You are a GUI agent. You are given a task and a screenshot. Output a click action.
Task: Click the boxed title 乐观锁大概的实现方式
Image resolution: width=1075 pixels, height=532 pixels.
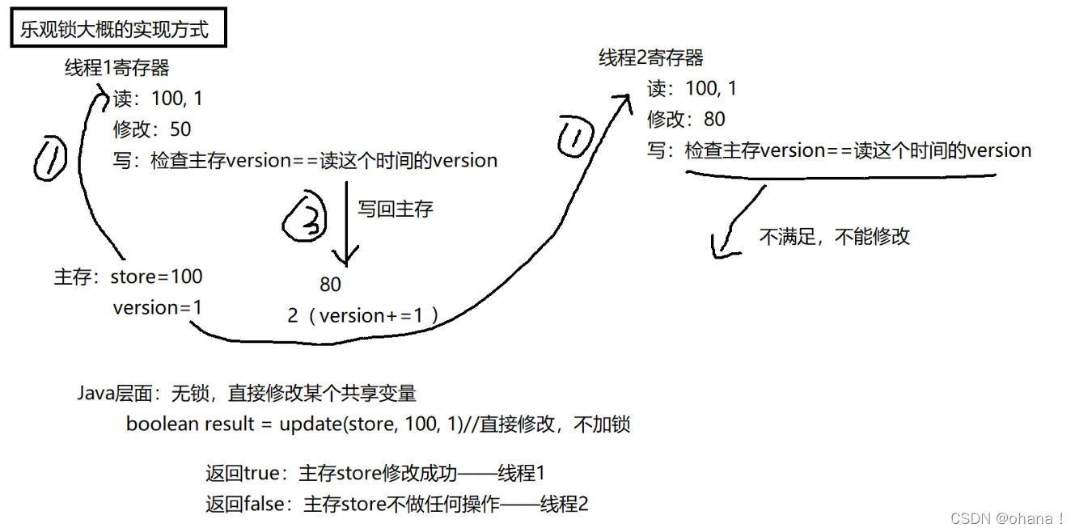click(114, 30)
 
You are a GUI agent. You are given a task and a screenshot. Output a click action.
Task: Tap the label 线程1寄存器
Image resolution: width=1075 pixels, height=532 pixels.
click(117, 67)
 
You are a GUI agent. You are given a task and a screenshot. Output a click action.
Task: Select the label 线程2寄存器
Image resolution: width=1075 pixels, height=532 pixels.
click(651, 57)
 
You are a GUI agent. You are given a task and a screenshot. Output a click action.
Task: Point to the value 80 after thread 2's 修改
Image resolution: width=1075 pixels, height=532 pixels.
click(714, 120)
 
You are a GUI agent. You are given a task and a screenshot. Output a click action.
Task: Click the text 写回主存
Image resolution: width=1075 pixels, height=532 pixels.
click(396, 209)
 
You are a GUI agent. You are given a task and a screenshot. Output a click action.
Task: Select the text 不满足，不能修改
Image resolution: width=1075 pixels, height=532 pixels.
click(834, 236)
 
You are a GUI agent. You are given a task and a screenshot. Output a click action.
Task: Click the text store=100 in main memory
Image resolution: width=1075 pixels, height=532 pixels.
click(156, 277)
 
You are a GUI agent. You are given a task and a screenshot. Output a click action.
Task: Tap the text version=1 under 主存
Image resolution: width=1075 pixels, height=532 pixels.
click(158, 308)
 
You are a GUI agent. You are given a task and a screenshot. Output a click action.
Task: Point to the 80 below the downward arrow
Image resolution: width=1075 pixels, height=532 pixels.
click(330, 285)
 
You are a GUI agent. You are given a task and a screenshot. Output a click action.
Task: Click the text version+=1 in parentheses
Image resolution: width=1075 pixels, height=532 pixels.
click(371, 316)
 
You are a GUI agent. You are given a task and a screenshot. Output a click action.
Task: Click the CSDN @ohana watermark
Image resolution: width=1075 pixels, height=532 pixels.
click(1006, 518)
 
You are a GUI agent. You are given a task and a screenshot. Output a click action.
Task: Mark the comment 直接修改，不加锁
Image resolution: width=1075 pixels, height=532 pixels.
click(554, 424)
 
